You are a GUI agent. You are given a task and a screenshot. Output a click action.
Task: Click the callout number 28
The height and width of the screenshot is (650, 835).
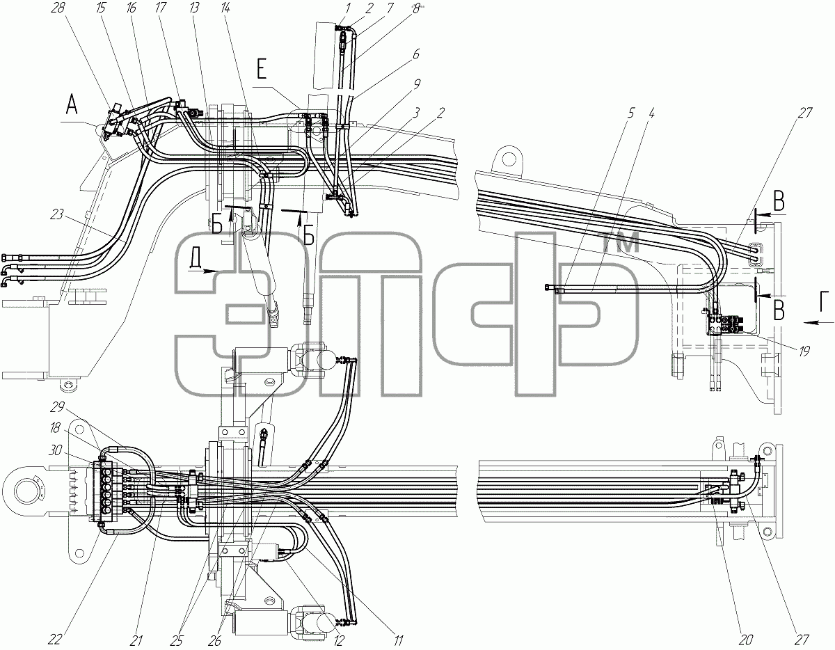58,8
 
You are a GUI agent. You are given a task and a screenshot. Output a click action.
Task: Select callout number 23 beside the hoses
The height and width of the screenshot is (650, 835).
56,214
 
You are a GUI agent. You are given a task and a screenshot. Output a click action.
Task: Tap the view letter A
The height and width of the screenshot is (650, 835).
72,105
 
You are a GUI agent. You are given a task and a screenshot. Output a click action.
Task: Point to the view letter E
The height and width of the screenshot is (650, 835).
262,72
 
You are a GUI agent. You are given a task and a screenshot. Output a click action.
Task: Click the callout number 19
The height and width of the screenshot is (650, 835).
804,351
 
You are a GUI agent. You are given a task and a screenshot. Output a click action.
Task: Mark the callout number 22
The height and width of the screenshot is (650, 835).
55,640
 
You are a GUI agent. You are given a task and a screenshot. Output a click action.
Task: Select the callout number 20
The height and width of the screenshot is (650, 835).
745,640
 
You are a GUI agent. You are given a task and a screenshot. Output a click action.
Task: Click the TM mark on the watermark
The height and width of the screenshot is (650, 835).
619,242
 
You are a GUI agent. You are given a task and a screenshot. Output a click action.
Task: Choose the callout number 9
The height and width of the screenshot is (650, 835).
416,84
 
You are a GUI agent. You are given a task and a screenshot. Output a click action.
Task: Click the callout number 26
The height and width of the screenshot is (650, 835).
214,640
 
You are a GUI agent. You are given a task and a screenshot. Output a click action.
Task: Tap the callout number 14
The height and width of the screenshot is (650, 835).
225,8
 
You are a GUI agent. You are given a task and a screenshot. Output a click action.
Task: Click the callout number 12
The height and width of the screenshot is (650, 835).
338,640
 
